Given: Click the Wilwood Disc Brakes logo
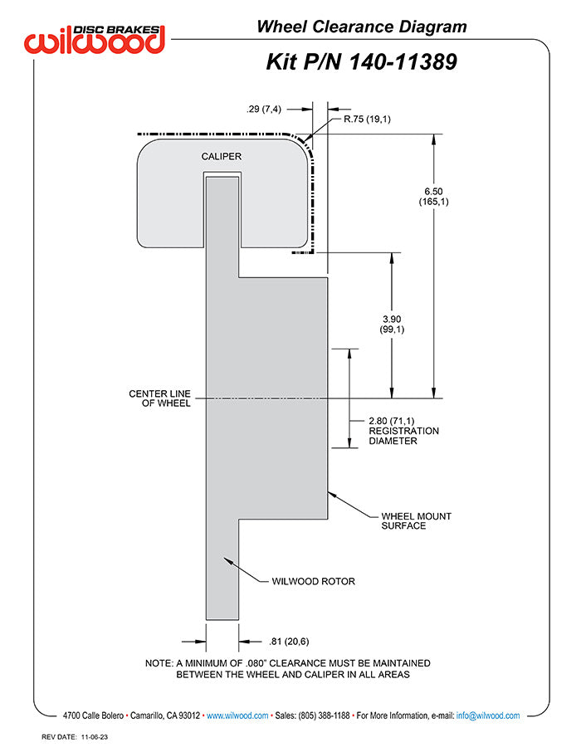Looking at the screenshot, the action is (95, 39).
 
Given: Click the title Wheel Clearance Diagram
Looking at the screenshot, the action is (362, 27).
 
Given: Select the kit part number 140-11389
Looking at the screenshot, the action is (403, 62).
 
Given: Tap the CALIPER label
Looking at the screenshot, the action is (221, 156).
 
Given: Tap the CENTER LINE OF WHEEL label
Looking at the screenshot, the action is (159, 398).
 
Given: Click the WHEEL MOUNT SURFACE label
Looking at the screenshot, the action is (417, 520).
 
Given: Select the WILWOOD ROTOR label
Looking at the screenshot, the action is (313, 581).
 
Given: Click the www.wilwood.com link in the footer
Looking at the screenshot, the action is (237, 715).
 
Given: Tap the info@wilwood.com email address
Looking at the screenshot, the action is (488, 715).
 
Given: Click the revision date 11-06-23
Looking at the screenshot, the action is (95, 737).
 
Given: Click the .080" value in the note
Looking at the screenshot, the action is (256, 663).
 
